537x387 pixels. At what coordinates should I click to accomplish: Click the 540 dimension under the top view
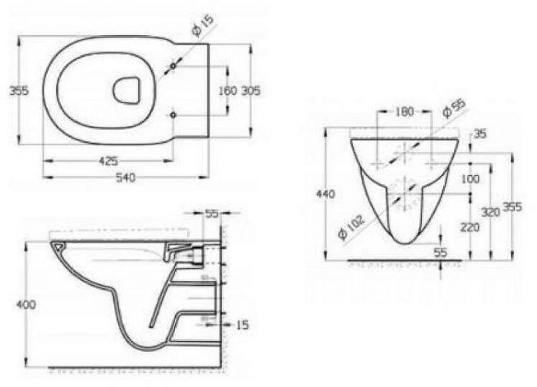click(125, 178)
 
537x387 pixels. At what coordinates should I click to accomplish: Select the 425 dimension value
click(108, 160)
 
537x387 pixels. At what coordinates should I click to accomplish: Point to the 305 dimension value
click(251, 91)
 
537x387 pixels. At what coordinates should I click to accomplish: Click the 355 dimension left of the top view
click(18, 91)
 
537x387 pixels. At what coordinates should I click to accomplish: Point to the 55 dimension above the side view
click(212, 214)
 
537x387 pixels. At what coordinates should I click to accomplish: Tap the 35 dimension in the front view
click(481, 134)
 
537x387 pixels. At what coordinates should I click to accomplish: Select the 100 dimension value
click(471, 178)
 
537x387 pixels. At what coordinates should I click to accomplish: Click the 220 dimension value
click(471, 227)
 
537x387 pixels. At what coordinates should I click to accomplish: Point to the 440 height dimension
click(325, 195)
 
